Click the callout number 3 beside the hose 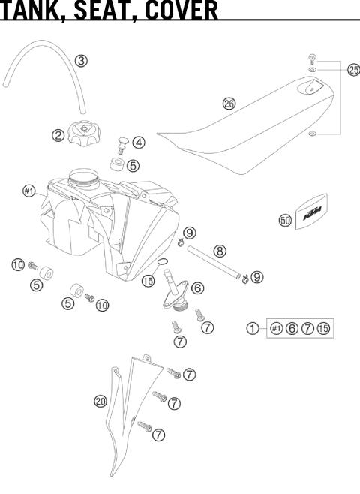[x=82, y=60]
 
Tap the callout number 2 [x=58, y=136]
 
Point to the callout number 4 [x=139, y=141]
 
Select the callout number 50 [x=285, y=221]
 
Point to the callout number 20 [x=100, y=402]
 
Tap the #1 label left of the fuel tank [x=28, y=191]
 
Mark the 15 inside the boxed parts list [x=324, y=328]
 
